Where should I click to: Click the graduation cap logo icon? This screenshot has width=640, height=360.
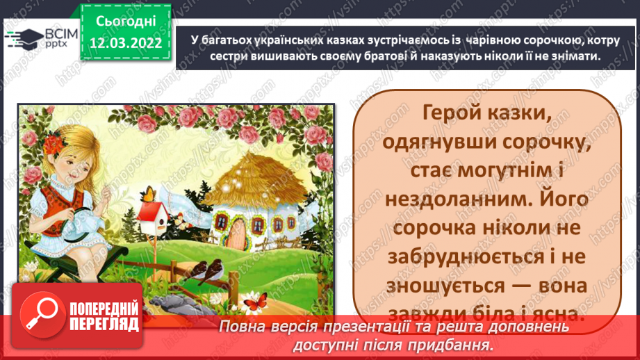(20, 38)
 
